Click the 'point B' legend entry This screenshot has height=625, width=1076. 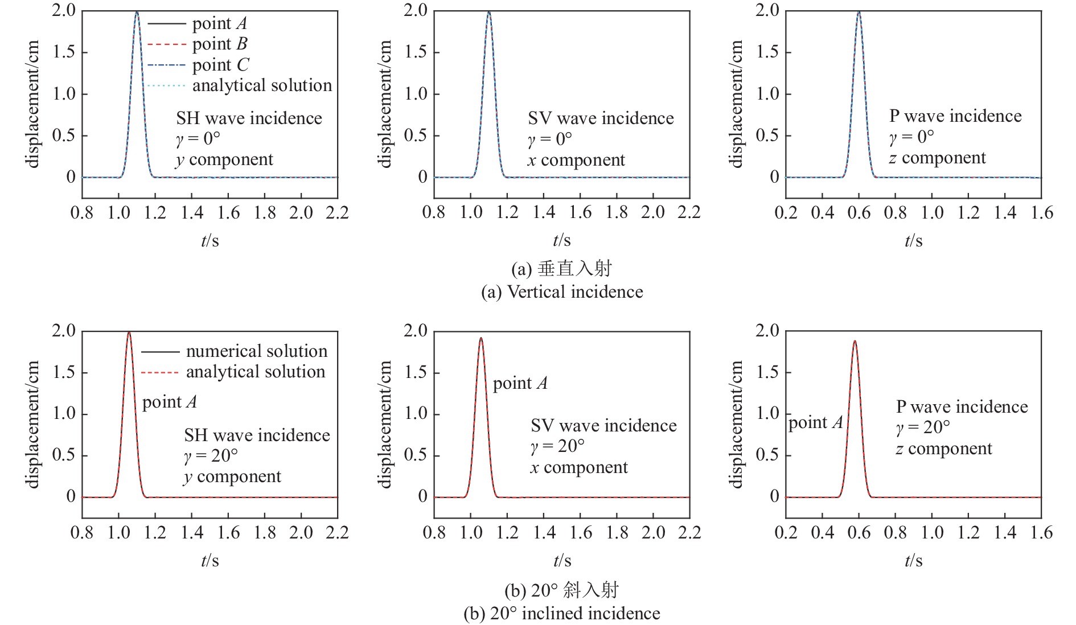[220, 44]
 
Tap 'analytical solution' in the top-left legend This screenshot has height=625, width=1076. [261, 85]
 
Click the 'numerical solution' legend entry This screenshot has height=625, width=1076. [256, 351]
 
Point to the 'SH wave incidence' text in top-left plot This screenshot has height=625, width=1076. [249, 118]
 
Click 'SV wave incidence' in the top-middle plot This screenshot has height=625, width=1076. [601, 118]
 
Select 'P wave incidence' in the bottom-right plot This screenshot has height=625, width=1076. [962, 407]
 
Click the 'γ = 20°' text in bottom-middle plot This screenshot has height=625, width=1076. [557, 446]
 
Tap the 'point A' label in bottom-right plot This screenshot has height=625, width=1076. [815, 422]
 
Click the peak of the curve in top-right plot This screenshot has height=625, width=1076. [859, 12]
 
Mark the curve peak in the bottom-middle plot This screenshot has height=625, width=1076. [481, 338]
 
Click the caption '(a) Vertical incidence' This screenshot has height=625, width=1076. [562, 292]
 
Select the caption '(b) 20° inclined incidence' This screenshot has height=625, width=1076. [562, 614]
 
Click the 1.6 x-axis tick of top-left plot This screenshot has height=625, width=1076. [228, 213]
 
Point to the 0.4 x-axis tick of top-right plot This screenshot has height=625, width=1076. [822, 213]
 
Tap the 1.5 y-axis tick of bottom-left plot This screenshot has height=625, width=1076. [63, 372]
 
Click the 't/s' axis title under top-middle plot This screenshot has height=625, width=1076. [561, 241]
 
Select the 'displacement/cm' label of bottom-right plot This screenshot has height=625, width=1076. [737, 424]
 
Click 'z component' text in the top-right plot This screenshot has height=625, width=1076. [937, 158]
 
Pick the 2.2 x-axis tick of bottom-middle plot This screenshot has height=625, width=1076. [689, 533]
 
